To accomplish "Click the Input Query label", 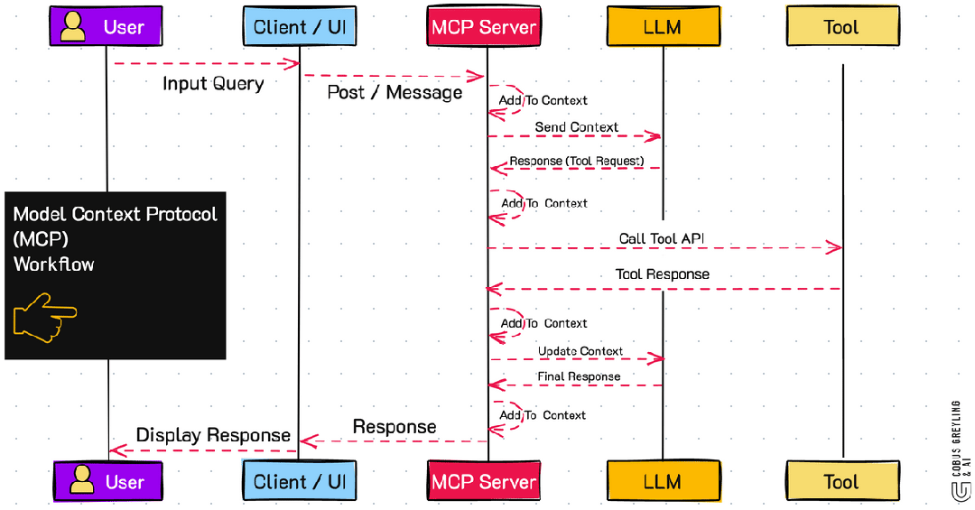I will click(213, 84).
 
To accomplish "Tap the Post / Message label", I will click(395, 92).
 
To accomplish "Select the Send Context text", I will click(576, 127).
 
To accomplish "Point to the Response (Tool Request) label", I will click(576, 162).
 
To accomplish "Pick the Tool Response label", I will click(662, 274).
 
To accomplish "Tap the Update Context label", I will click(580, 351).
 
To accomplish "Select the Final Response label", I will click(579, 376).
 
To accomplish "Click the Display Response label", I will click(213, 435).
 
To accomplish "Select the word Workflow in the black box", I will click(54, 264).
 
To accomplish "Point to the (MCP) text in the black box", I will click(41, 240).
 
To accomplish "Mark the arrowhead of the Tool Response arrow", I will click(493, 289).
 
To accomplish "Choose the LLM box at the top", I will click(663, 27).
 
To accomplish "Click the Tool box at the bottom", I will click(841, 481).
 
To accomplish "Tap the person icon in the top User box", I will click(73, 26).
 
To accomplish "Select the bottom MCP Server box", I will click(484, 481).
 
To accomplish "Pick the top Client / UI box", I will click(299, 27).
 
